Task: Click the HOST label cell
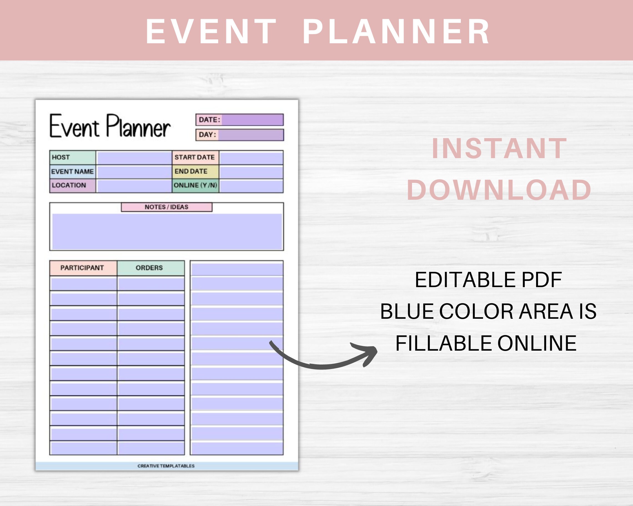pos(72,158)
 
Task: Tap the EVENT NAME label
pos(72,172)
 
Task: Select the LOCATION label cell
pos(72,185)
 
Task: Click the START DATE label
pos(195,158)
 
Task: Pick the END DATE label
pos(195,172)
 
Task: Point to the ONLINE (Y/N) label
pos(195,185)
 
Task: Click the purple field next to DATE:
pos(252,120)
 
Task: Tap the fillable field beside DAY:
pos(251,135)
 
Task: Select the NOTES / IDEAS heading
pos(167,207)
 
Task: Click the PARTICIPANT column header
pos(82,268)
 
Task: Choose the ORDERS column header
pos(150,268)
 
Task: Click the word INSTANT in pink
pos(499,149)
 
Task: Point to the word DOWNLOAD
pos(499,190)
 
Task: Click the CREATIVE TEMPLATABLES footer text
pos(166,466)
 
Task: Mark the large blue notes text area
pos(167,232)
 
